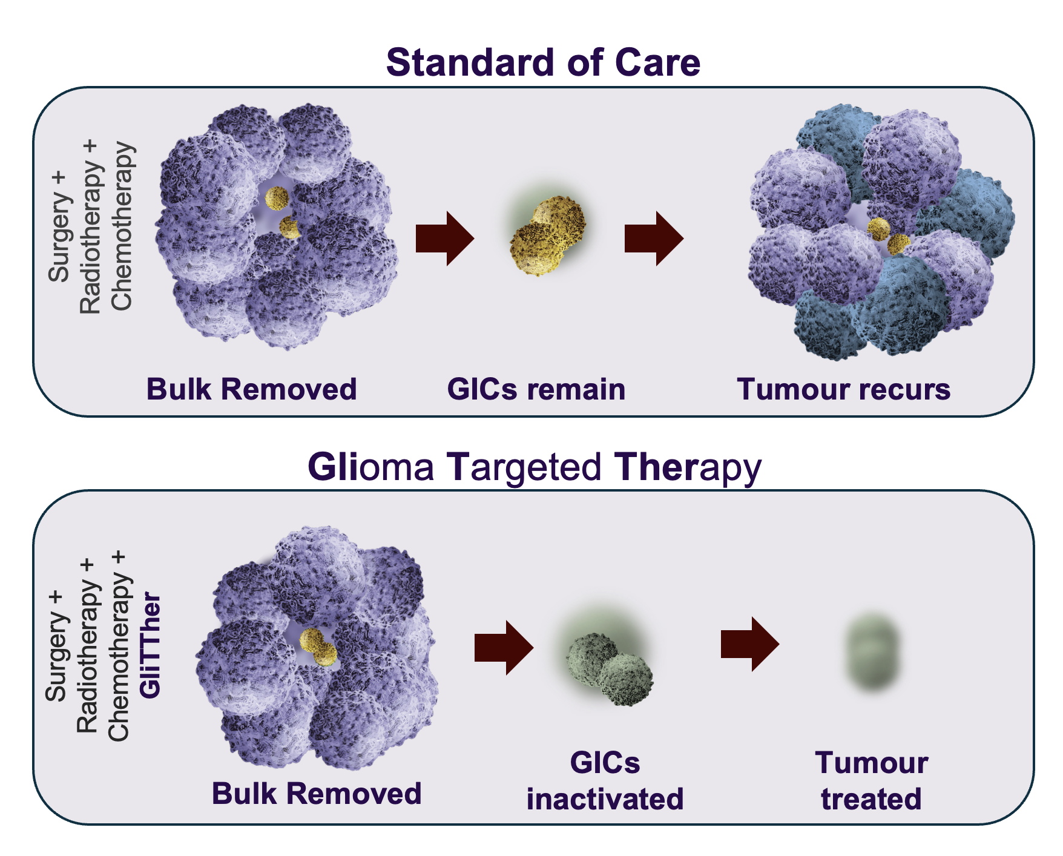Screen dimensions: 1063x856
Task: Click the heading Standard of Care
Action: [543, 62]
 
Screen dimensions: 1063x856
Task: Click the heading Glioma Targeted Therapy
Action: [535, 467]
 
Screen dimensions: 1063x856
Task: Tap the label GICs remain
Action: [536, 389]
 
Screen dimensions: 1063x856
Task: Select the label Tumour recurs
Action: [844, 389]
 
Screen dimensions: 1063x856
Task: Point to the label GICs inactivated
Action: [605, 781]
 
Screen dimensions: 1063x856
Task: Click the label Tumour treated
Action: [872, 781]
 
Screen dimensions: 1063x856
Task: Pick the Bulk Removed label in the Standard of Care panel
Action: [251, 389]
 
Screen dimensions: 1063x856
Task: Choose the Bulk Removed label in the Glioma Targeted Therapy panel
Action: [317, 794]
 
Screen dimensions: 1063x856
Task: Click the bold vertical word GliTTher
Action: [150, 645]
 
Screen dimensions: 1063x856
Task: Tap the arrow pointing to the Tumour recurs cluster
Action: [654, 239]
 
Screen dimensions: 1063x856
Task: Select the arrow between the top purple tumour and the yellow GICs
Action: [445, 239]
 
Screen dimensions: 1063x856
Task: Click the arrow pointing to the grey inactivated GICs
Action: [504, 648]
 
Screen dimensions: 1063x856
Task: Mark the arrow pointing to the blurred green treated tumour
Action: [750, 645]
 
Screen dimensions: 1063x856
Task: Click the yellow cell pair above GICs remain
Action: [548, 236]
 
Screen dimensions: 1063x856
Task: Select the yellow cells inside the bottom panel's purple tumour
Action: [318, 647]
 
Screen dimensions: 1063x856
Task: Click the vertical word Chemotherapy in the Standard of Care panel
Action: [122, 226]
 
